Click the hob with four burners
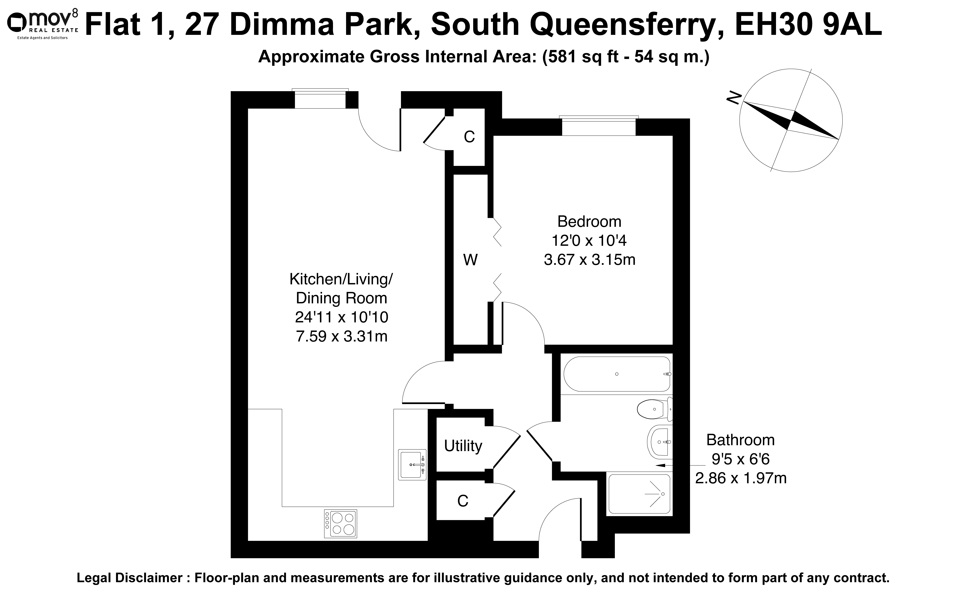340,523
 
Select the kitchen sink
412,465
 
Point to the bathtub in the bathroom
617,374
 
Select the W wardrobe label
470,260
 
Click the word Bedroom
589,221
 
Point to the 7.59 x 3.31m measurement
342,336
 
